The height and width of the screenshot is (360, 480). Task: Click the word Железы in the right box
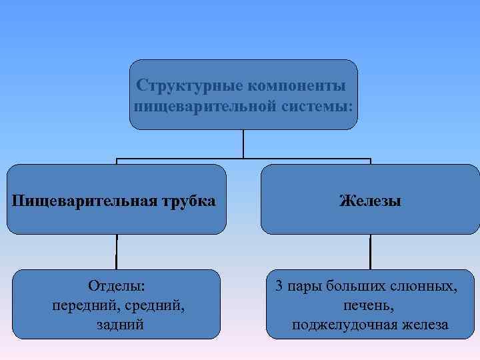[370, 200]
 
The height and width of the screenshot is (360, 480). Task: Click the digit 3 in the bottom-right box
[280, 287]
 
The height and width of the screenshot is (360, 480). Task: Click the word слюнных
[424, 287]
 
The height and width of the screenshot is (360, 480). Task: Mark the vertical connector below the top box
[243, 143]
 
